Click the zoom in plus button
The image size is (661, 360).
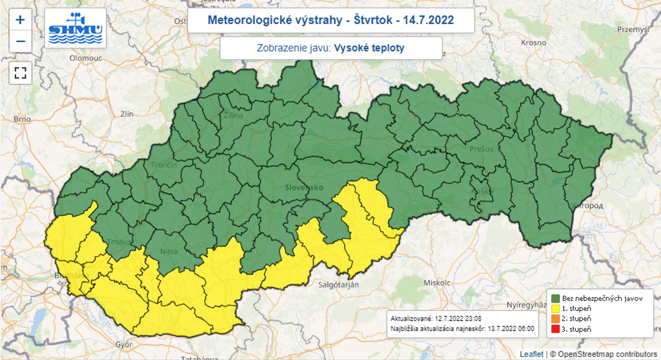(20, 19)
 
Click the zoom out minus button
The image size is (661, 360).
(20, 41)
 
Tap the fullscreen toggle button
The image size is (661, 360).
(20, 72)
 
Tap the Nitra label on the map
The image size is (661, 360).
(168, 252)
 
